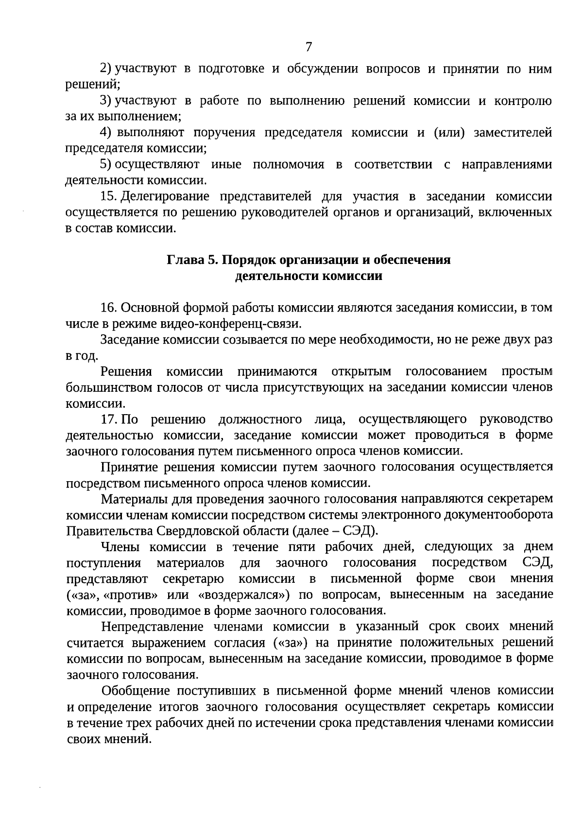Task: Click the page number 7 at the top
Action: pos(309,47)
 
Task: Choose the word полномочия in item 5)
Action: pos(288,165)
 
